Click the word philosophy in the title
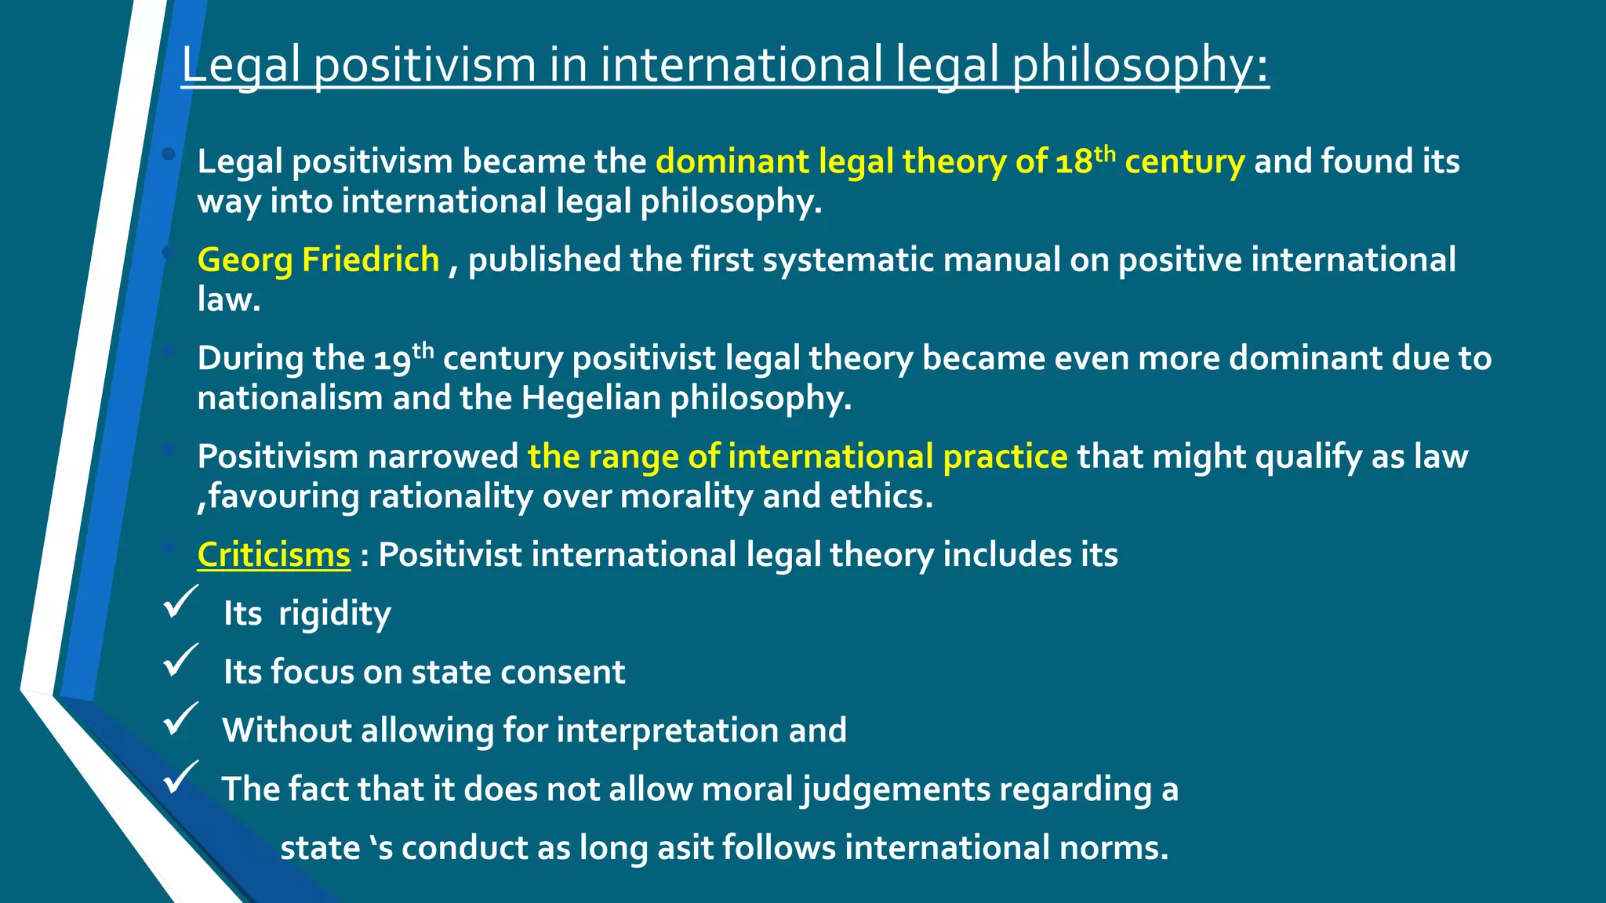pos(1139,66)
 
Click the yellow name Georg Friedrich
pos(318,260)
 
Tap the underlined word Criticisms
pos(274,555)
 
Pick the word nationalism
pos(289,398)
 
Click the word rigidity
pos(335,614)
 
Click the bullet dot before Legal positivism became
pos(169,154)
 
